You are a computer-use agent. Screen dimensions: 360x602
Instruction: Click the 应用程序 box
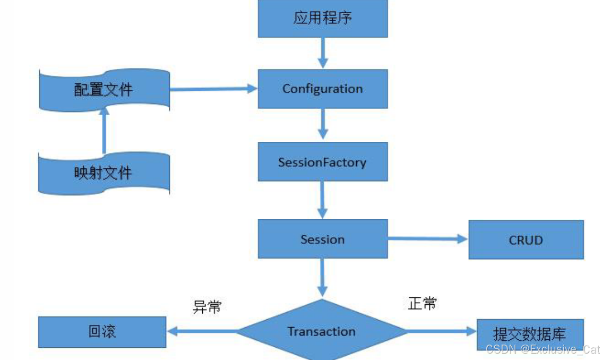[x=322, y=19]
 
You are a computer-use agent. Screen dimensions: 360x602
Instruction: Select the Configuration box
[x=322, y=89]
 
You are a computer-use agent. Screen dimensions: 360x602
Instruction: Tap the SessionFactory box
[x=322, y=161]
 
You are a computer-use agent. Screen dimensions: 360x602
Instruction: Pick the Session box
[x=322, y=239]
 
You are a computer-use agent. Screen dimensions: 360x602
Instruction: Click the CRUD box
[x=526, y=240]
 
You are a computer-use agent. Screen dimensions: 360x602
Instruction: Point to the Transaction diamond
[x=322, y=332]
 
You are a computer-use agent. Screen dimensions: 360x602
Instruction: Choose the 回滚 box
[x=102, y=332]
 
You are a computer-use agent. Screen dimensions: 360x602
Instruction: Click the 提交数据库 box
[x=529, y=333]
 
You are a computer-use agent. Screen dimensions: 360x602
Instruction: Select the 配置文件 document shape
[x=104, y=89]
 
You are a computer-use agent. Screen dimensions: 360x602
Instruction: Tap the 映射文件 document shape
[x=104, y=173]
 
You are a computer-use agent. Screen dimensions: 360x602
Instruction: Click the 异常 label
[x=207, y=306]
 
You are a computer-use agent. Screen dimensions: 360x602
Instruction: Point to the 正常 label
[x=423, y=304]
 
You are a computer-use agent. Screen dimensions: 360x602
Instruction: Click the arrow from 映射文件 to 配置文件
[x=104, y=130]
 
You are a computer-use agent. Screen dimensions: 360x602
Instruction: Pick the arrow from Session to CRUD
[x=427, y=239]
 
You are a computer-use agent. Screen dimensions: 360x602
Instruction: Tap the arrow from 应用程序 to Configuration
[x=322, y=53]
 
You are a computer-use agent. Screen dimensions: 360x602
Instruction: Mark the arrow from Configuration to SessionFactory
[x=322, y=125]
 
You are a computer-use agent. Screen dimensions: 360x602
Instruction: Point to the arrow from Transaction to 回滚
[x=202, y=332]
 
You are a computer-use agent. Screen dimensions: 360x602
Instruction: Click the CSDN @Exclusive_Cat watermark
[x=543, y=349]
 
